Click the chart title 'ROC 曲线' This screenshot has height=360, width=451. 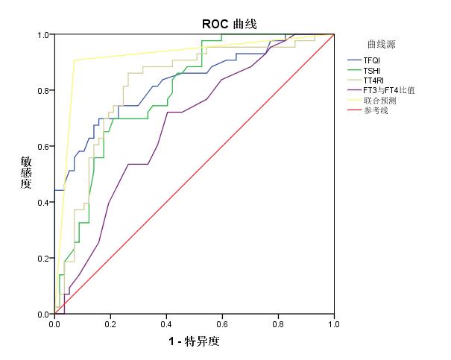click(230, 24)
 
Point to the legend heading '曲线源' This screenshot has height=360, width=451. click(382, 44)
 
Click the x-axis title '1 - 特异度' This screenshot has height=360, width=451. click(194, 341)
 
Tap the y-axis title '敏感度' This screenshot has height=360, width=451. click(26, 172)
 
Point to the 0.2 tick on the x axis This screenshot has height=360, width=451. click(110, 324)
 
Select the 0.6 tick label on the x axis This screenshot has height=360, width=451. click(222, 324)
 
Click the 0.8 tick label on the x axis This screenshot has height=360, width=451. click(278, 324)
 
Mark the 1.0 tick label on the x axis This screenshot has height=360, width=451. click(334, 324)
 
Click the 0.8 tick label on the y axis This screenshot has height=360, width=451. click(43, 91)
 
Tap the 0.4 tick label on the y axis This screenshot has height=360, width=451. click(43, 203)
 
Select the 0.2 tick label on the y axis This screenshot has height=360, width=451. click(43, 259)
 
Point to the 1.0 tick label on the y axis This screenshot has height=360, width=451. click(43, 35)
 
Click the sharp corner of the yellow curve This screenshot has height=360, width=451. click(75, 60)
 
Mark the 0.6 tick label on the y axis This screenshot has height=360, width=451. click(43, 147)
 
